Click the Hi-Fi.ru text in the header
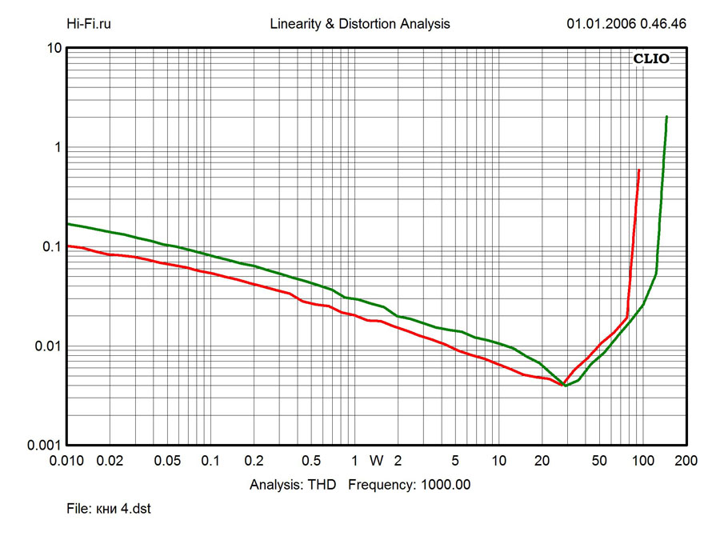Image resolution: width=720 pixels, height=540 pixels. click(89, 24)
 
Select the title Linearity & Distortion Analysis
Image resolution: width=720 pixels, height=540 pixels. click(360, 24)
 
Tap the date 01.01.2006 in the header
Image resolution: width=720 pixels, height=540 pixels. click(600, 24)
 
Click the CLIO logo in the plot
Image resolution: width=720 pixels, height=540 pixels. click(651, 58)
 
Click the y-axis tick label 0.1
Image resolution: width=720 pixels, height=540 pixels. click(51, 247)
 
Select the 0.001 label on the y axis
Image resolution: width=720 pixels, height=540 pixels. click(45, 446)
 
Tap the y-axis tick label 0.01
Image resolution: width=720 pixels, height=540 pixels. click(48, 346)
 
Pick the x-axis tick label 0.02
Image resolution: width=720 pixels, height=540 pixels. click(110, 461)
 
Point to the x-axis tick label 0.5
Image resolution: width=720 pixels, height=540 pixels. click(311, 461)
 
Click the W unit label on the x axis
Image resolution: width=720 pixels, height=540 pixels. click(376, 461)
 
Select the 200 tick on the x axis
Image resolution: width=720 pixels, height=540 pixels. click(686, 461)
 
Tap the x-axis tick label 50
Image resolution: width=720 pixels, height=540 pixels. click(598, 461)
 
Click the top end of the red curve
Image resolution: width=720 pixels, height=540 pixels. click(638, 170)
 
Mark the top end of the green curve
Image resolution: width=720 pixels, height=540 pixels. click(666, 117)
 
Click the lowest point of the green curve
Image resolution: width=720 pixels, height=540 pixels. click(566, 386)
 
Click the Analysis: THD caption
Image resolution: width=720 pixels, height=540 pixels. click(293, 484)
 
